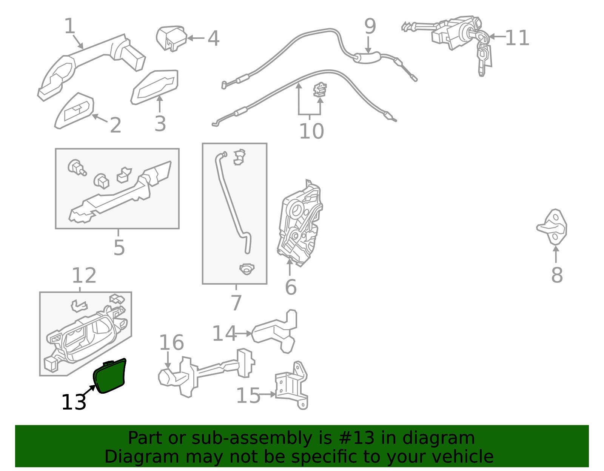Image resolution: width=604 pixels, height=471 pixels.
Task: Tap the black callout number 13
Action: pyautogui.click(x=74, y=402)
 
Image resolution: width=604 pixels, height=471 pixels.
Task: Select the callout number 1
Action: pyautogui.click(x=69, y=26)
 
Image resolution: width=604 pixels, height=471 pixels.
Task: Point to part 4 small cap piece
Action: pyautogui.click(x=171, y=38)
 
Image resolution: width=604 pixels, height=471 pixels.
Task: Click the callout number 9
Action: pyautogui.click(x=370, y=26)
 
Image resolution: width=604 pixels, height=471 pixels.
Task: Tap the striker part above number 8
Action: pyautogui.click(x=552, y=227)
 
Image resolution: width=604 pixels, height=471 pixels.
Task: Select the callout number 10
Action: pyautogui.click(x=311, y=131)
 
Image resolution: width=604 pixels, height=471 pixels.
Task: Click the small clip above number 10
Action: pyautogui.click(x=320, y=90)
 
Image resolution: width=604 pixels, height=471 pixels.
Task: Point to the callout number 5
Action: pyautogui.click(x=119, y=247)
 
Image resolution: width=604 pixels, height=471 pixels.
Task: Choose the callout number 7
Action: pyautogui.click(x=236, y=302)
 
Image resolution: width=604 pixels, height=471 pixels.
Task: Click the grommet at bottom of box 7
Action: pyautogui.click(x=247, y=268)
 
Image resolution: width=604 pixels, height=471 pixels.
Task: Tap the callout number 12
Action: pyautogui.click(x=84, y=275)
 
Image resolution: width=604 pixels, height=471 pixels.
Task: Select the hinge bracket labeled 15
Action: pyautogui.click(x=292, y=385)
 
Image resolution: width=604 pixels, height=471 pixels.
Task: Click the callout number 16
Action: pyautogui.click(x=171, y=342)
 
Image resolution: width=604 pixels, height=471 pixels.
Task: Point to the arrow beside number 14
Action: pyautogui.click(x=243, y=333)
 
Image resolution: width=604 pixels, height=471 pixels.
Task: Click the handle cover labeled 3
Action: pyautogui.click(x=154, y=87)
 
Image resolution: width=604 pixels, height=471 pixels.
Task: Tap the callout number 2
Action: pyautogui.click(x=116, y=125)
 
